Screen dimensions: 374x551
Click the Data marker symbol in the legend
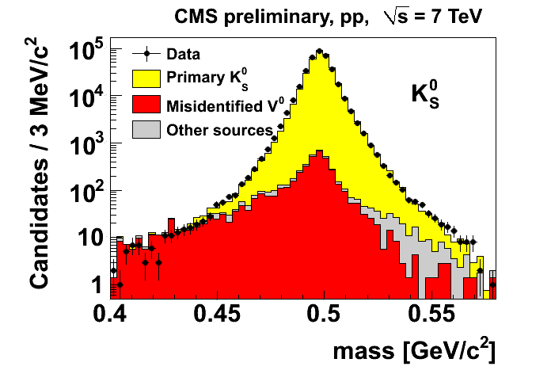point(146,55)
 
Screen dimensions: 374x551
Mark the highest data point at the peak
point(318,52)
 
